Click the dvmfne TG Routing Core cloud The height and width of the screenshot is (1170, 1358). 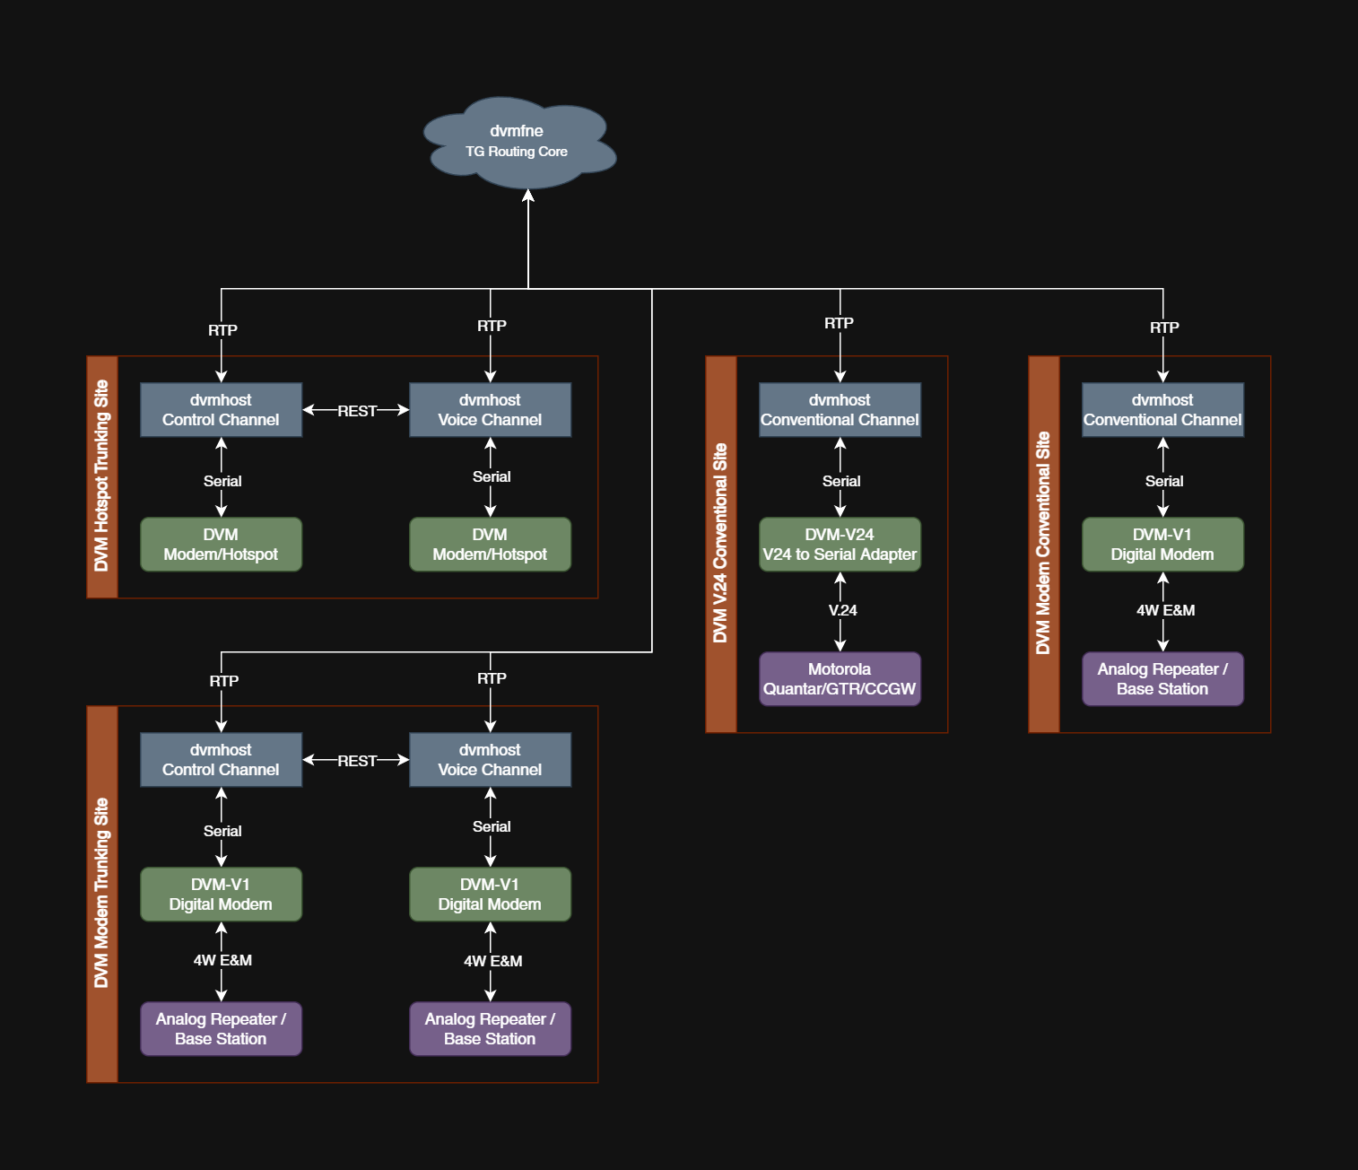click(x=518, y=142)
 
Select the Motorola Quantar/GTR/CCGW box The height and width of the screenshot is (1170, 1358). click(x=840, y=679)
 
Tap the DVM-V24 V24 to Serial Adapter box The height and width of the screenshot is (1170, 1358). click(x=840, y=545)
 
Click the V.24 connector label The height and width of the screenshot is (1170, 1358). click(x=842, y=610)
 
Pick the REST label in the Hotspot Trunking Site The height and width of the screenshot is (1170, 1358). click(x=357, y=411)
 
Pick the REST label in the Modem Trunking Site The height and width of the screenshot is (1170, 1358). click(x=357, y=761)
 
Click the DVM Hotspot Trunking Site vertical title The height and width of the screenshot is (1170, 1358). click(x=102, y=476)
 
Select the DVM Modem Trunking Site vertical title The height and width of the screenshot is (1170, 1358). click(x=102, y=894)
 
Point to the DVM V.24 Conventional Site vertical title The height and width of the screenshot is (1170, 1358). click(x=720, y=544)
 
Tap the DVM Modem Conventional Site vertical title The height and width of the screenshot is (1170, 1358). click(x=1043, y=544)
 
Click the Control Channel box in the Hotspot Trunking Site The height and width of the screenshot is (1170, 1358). click(x=221, y=410)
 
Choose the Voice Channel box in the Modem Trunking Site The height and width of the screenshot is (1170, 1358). click(x=490, y=760)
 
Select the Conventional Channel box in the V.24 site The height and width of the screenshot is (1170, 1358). click(x=840, y=410)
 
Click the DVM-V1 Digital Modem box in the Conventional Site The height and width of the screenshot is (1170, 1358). click(x=1162, y=545)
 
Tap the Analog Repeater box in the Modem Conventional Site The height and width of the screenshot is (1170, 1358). click(x=1162, y=679)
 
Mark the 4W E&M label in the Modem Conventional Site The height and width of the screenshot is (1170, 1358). click(x=1165, y=610)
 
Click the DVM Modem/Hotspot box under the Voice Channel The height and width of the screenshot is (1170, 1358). click(x=490, y=545)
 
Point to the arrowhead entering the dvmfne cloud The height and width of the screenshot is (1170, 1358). click(x=528, y=196)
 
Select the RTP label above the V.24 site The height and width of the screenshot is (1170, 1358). click(x=839, y=323)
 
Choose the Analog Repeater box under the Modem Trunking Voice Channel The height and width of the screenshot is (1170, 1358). click(x=490, y=1029)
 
